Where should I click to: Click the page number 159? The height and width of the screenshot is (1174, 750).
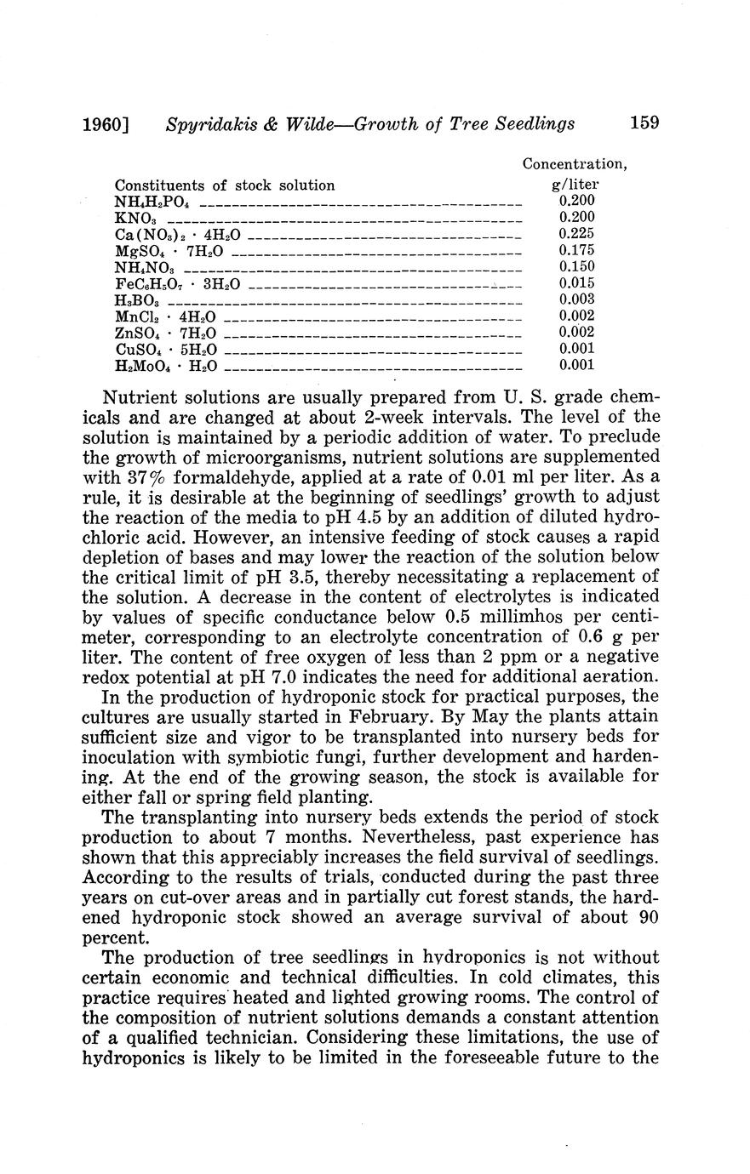(x=644, y=123)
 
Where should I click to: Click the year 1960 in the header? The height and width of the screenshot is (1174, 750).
(x=105, y=124)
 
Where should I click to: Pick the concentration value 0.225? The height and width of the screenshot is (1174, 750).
(x=576, y=234)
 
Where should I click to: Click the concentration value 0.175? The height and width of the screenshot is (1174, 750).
(x=576, y=250)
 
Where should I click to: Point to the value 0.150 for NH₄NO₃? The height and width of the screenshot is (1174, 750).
(x=576, y=267)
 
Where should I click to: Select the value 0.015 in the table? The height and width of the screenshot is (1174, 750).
(x=576, y=283)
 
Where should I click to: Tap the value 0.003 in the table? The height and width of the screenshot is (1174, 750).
(x=576, y=299)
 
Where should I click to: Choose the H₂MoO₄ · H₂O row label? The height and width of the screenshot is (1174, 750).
(x=166, y=366)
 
